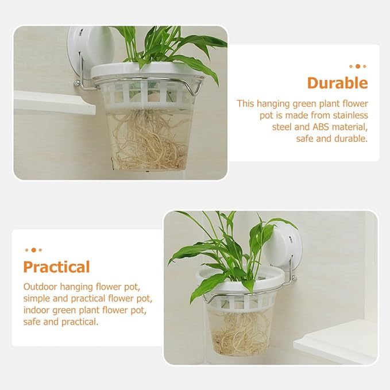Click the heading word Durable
337,83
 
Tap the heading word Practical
56,267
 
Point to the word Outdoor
40,287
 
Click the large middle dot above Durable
358,67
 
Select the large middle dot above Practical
33,250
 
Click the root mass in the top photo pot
149,142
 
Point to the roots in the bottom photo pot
240,333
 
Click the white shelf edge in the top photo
55,102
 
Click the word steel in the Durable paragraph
282,127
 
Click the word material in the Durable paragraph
350,127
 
